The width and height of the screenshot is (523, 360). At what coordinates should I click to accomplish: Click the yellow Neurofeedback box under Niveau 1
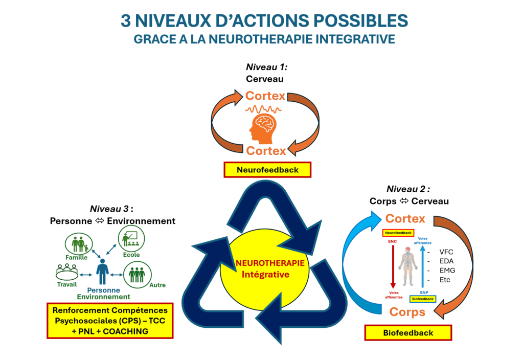[x=267, y=170]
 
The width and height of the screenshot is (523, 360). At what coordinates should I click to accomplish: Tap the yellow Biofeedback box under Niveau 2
[x=408, y=333]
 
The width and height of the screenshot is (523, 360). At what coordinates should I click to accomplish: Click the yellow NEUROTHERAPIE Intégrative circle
[x=265, y=268]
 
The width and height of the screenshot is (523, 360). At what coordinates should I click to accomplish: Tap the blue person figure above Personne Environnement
[x=102, y=271]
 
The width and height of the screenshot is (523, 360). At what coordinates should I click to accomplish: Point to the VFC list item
[x=446, y=252]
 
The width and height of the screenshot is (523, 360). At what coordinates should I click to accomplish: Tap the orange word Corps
[x=407, y=312]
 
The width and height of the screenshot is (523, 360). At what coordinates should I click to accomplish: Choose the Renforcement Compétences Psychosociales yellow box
[x=110, y=321]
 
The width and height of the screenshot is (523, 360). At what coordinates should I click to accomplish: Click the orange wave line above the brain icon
[x=265, y=109]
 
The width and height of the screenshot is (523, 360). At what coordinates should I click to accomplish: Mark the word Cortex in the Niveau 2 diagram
[x=405, y=219]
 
